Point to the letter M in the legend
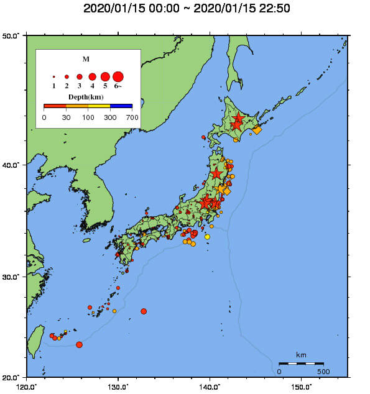coord(86,59)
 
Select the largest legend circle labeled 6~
coord(118,76)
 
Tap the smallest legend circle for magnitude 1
coord(54,76)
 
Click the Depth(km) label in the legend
coord(86,98)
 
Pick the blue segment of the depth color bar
coord(121,106)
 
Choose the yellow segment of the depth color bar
coord(99,106)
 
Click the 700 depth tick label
coord(132,117)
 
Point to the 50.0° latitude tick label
coord(12,35)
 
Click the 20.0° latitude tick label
coord(12,377)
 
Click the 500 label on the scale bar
coord(323,372)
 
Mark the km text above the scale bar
coord(301,355)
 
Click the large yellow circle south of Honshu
coord(207,237)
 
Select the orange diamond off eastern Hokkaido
coord(257,130)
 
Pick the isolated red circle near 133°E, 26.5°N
coord(144,311)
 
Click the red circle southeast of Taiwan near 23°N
coord(79,344)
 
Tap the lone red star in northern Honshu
coord(216,173)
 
